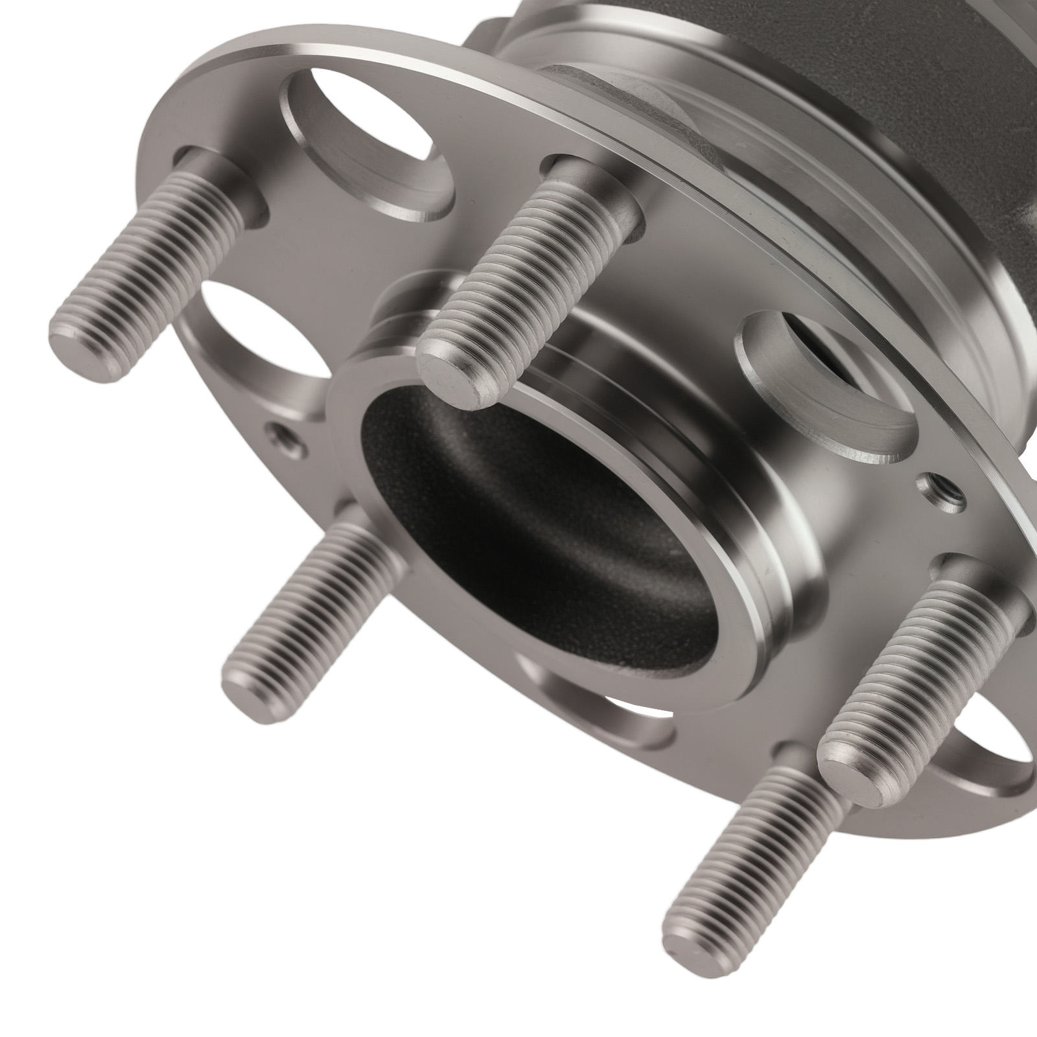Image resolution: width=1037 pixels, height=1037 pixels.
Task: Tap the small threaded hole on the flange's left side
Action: (283, 435)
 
